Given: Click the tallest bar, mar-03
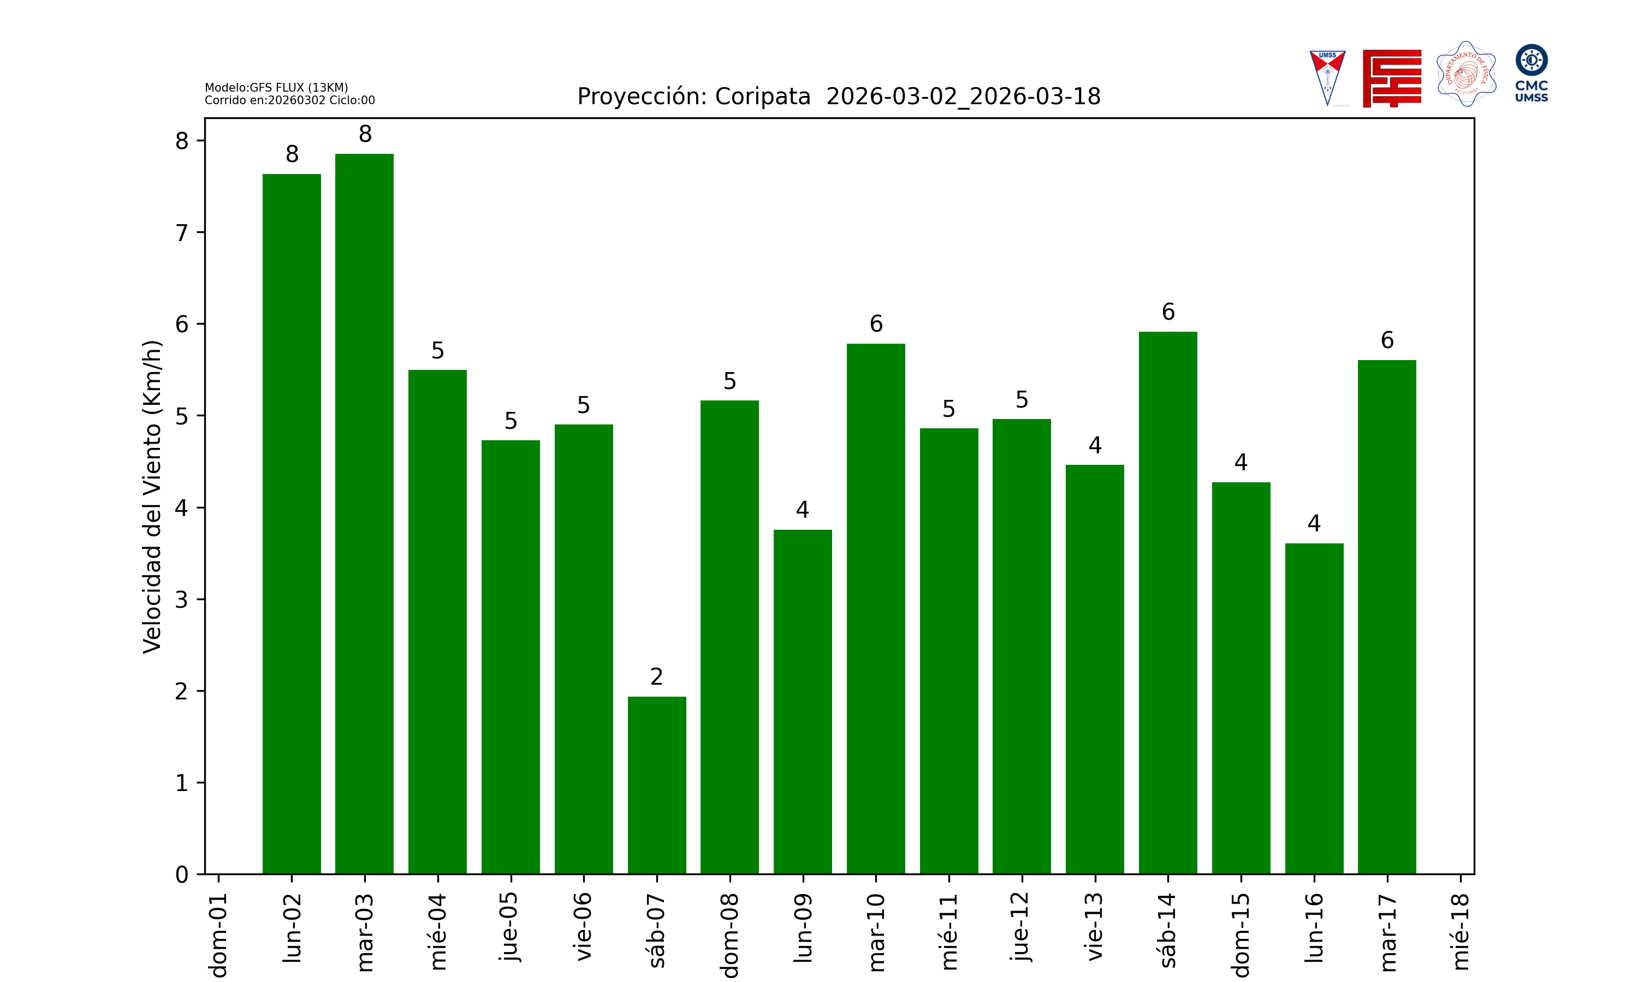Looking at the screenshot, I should click(364, 513).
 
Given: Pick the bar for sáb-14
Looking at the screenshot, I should click(1167, 602).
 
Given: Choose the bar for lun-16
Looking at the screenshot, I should click(1314, 708).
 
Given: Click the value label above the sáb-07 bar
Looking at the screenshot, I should click(656, 677).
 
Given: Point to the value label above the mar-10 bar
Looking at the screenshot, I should click(875, 324).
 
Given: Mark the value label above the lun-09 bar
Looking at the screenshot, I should click(803, 510).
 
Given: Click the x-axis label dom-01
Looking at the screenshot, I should click(218, 935).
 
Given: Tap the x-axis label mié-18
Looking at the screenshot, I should click(1460, 932).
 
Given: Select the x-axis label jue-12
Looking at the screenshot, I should click(1022, 926).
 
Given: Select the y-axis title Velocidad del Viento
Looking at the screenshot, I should click(152, 496).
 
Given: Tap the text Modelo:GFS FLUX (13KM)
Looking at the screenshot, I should click(276, 87).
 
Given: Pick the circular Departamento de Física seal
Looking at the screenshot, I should click(1466, 74).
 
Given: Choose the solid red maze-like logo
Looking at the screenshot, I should click(1392, 78).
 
